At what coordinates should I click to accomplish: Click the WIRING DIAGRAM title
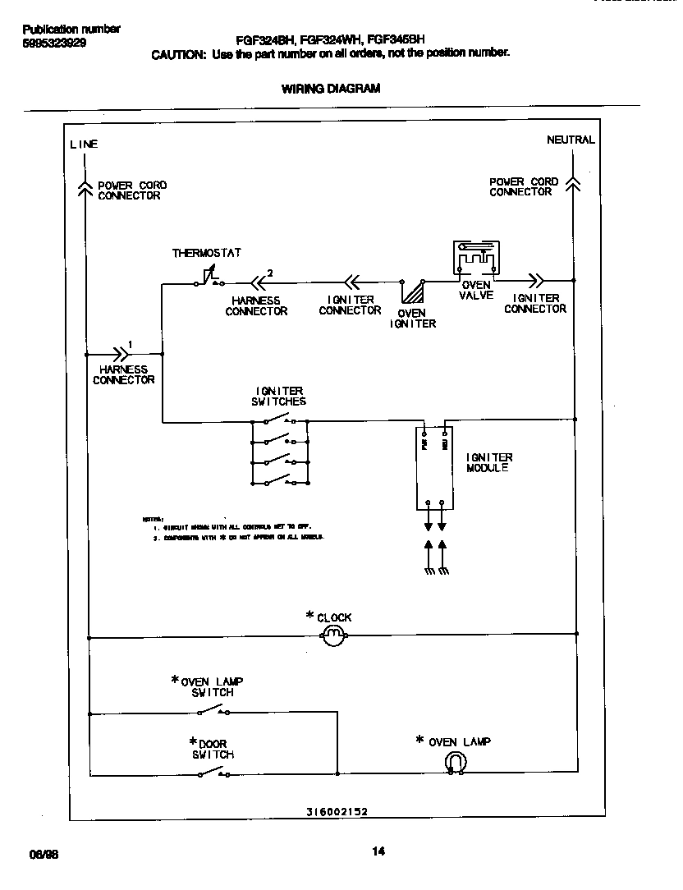(x=331, y=89)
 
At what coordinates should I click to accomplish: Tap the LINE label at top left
(x=84, y=145)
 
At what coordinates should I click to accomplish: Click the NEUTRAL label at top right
(x=571, y=140)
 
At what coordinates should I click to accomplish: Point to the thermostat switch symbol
(x=208, y=281)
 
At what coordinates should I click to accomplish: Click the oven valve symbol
(x=476, y=259)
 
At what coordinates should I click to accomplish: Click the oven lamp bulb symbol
(x=455, y=764)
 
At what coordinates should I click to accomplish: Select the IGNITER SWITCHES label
(x=278, y=397)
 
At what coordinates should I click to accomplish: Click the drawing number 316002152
(x=337, y=811)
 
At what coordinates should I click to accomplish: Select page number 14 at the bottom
(x=378, y=851)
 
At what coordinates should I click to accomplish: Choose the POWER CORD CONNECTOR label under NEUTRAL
(x=523, y=186)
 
